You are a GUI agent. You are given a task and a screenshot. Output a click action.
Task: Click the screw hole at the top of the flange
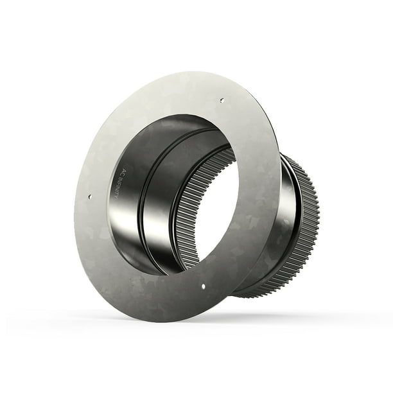221,100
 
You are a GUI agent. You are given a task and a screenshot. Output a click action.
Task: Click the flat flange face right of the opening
257,193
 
